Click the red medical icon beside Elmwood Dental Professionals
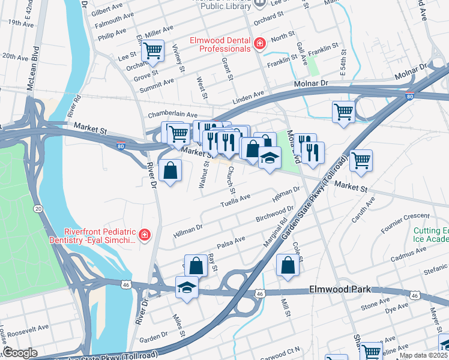pos(259,43)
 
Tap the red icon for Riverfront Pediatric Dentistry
pos(145,235)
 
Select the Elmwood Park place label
pos(337,289)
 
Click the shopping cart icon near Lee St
pos(153,50)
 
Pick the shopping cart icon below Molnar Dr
pos(343,111)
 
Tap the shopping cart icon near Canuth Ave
pos(361,160)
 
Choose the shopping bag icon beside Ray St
pos(196,265)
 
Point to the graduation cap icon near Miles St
pos(187,287)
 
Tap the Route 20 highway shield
pos(38,208)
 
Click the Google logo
pos(20,353)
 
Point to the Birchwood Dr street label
pos(274,214)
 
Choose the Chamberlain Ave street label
pos(173,115)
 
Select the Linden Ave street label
pos(249,95)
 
